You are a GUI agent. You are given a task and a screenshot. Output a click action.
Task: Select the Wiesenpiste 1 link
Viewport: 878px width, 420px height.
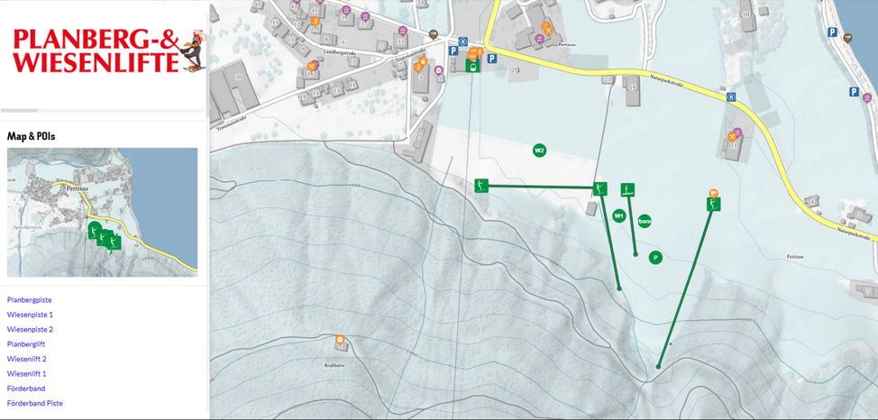[30, 315]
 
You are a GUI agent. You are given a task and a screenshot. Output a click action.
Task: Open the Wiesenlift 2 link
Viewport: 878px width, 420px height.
[26, 359]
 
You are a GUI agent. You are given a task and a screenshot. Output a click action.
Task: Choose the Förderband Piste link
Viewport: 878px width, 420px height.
[34, 403]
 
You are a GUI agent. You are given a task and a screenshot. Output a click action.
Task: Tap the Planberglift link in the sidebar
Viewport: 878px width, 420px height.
[25, 344]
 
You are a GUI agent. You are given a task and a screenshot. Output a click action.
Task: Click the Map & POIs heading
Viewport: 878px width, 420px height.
[31, 136]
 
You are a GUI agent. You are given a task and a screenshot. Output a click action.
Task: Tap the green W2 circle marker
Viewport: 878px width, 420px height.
[539, 150]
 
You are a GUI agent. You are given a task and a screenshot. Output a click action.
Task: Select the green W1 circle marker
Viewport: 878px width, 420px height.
[618, 215]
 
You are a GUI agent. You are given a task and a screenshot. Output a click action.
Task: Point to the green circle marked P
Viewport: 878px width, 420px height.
[655, 258]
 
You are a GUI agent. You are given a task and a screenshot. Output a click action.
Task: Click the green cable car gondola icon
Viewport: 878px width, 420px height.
[471, 64]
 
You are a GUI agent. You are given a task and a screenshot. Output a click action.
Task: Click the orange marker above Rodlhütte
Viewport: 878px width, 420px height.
[340, 340]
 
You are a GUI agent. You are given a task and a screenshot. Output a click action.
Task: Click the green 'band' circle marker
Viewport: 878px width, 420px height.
[644, 221]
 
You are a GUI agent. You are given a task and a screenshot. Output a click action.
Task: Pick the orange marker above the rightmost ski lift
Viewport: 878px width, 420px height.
[713, 193]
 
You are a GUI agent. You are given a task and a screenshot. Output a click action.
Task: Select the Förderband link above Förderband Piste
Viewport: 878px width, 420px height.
[25, 388]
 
